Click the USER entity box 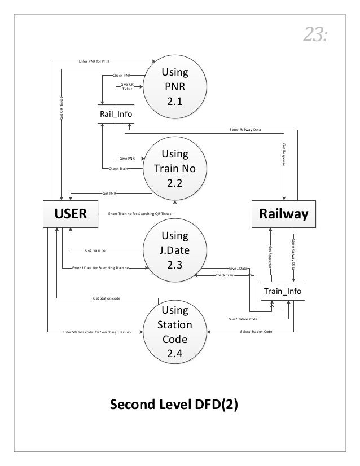[x=70, y=214]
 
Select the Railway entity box [x=284, y=214]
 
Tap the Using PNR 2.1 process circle [x=174, y=87]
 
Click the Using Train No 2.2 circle [x=174, y=168]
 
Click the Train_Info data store [x=283, y=291]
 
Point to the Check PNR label [x=122, y=74]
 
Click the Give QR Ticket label [x=128, y=86]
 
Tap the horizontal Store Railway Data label [x=249, y=129]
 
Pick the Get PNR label [x=109, y=192]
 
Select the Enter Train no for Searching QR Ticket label [x=139, y=214]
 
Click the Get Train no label [x=96, y=250]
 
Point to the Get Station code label [x=106, y=297]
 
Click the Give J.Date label [x=238, y=268]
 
